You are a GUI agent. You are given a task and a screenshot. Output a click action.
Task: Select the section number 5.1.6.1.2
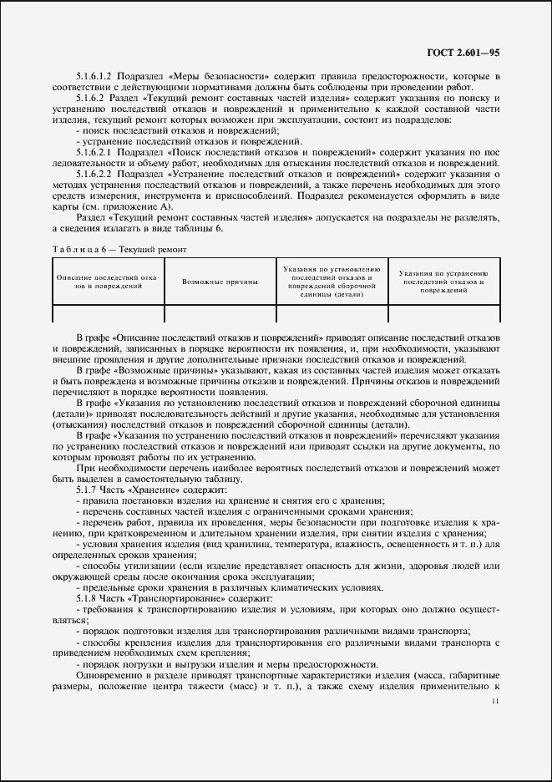[x=98, y=78]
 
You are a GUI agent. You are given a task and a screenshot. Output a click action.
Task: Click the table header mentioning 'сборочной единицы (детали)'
[x=332, y=282]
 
